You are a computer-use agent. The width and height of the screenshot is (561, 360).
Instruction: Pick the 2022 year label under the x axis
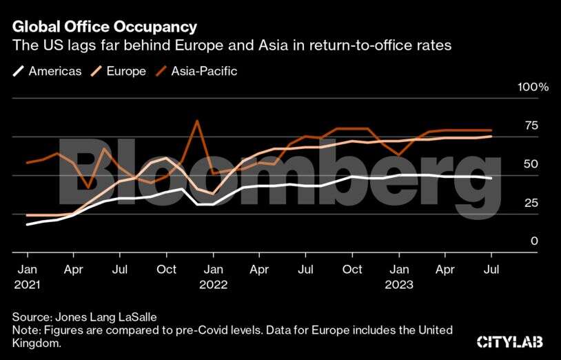pos(213,284)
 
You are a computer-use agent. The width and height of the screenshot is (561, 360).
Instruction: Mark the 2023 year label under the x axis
pos(399,284)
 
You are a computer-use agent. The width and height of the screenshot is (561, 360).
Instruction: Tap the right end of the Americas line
pos(491,179)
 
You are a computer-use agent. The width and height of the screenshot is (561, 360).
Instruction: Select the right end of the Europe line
pos(491,137)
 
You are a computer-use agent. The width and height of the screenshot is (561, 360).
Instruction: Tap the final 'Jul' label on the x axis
pos(492,269)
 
